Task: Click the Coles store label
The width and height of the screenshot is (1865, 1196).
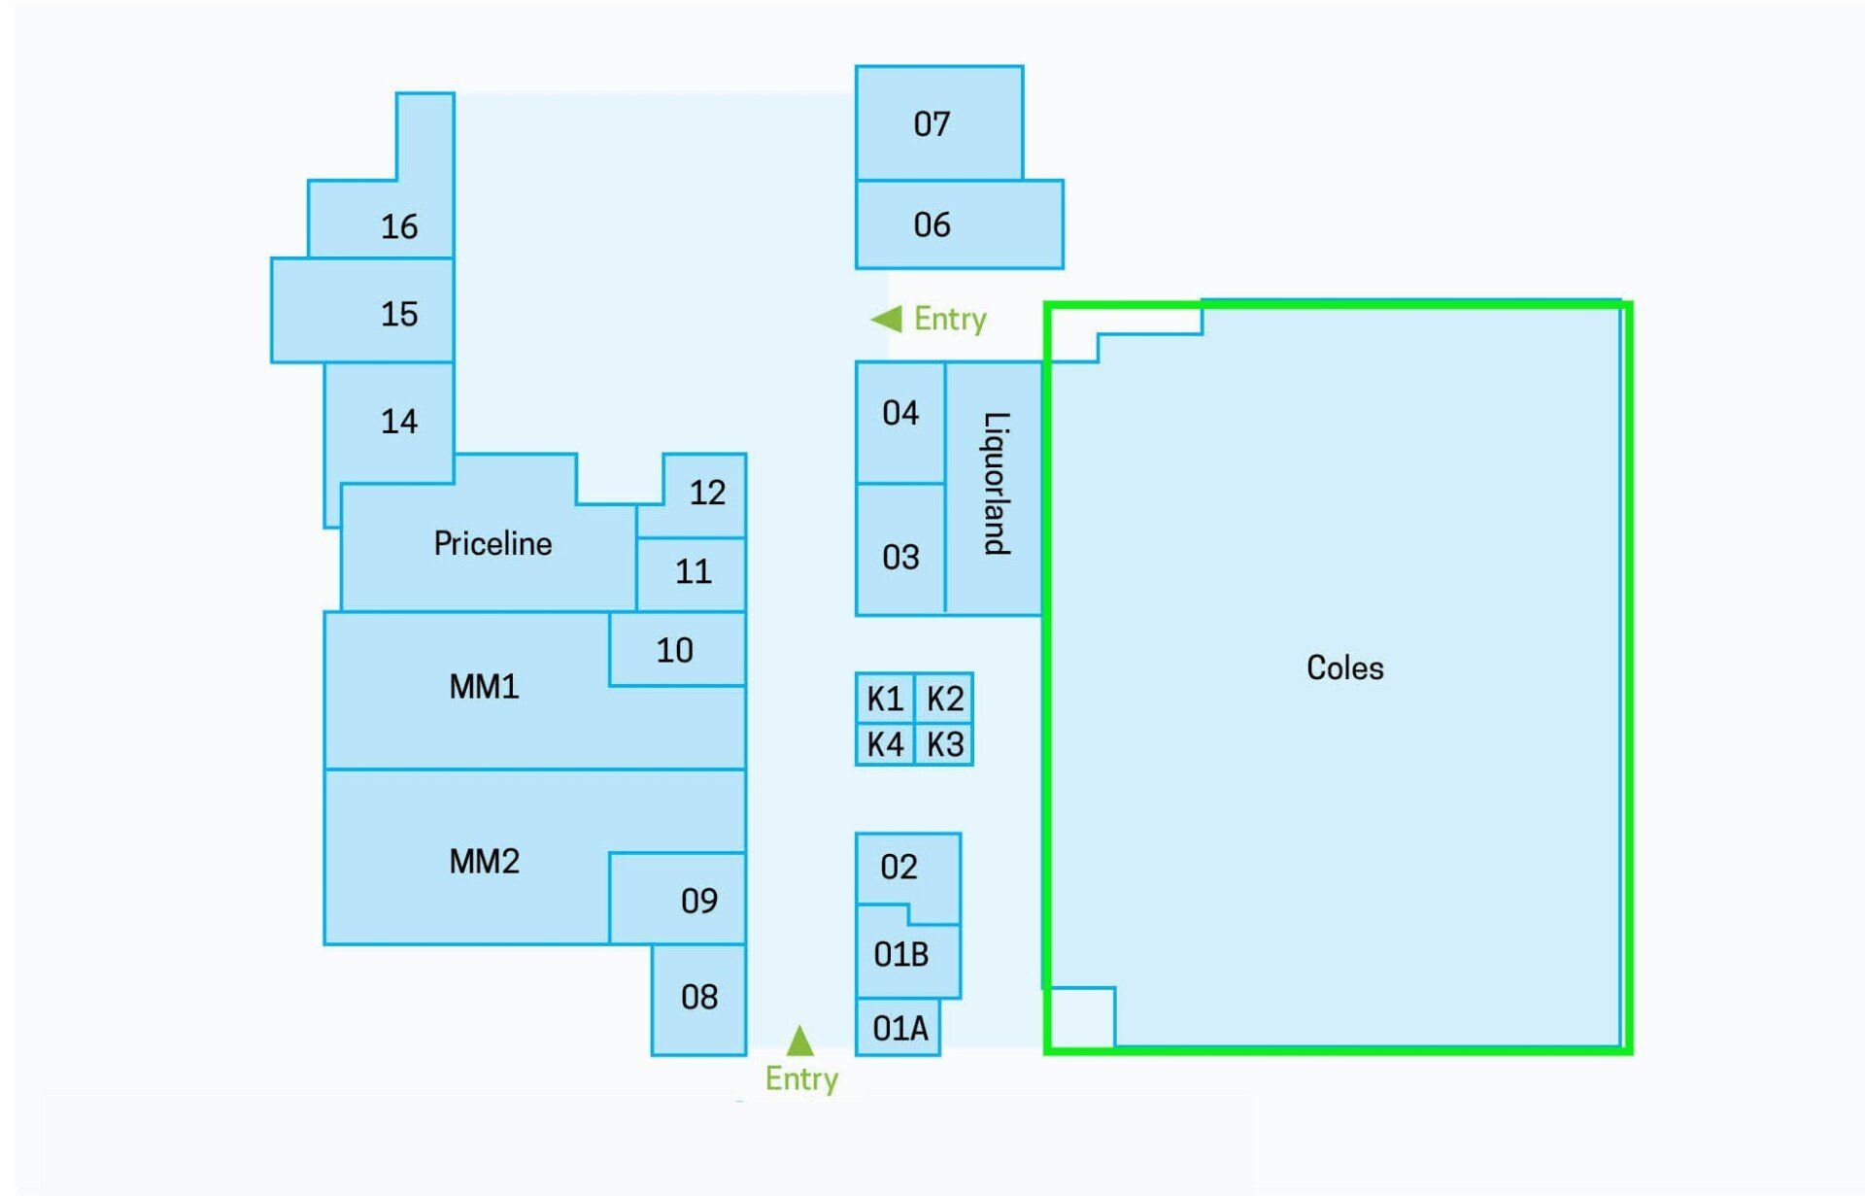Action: coord(1344,667)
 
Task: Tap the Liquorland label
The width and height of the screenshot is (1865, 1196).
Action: coord(997,483)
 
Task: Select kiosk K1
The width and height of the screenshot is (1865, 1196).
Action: coord(885,699)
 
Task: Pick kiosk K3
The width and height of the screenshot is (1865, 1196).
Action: coord(944,744)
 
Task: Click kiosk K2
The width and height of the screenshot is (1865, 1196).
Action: coord(944,699)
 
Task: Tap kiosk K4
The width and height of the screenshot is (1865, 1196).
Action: coord(885,744)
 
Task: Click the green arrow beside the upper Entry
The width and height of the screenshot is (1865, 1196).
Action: coord(886,319)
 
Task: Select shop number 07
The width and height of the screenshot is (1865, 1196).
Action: coord(932,124)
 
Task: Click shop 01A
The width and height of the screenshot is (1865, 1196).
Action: coord(900,1028)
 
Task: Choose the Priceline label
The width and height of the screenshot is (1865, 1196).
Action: coord(492,543)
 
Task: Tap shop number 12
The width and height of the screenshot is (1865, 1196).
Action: coord(707,493)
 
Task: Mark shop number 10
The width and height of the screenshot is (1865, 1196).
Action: coord(674,650)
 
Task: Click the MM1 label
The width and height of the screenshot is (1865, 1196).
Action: coord(484,687)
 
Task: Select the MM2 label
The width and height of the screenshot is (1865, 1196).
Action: coord(484,861)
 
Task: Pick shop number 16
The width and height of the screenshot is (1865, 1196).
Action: coord(399,226)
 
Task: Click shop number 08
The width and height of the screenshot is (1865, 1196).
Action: coord(699,997)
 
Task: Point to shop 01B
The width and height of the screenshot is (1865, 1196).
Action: coord(900,954)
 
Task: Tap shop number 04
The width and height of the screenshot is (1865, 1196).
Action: coord(900,413)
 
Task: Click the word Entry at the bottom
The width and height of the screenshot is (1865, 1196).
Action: coord(801,1078)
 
